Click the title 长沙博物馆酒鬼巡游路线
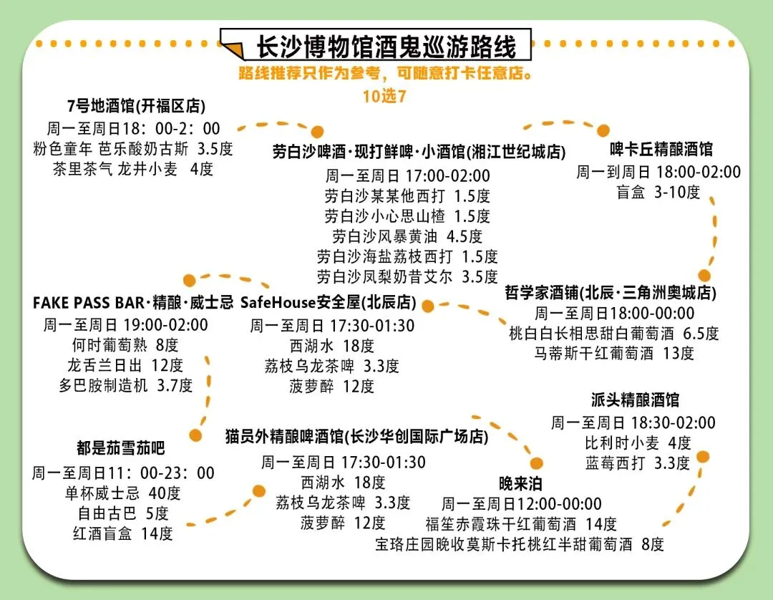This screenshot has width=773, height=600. pos(386,47)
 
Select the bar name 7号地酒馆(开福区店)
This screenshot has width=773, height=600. pos(136,107)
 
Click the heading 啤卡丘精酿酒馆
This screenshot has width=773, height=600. pos(661,150)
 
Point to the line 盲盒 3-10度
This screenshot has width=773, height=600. pos(658,193)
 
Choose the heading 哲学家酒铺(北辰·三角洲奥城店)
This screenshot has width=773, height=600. pos(611,293)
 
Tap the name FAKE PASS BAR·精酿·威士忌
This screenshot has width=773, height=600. pos(133,302)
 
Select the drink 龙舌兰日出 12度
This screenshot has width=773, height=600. pos(126,365)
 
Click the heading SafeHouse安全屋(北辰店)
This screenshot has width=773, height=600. pos(329,302)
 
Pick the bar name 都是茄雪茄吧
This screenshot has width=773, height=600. pos(121,449)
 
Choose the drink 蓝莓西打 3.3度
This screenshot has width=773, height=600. pos(637,463)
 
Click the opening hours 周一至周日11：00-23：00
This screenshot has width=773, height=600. pos(123,473)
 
